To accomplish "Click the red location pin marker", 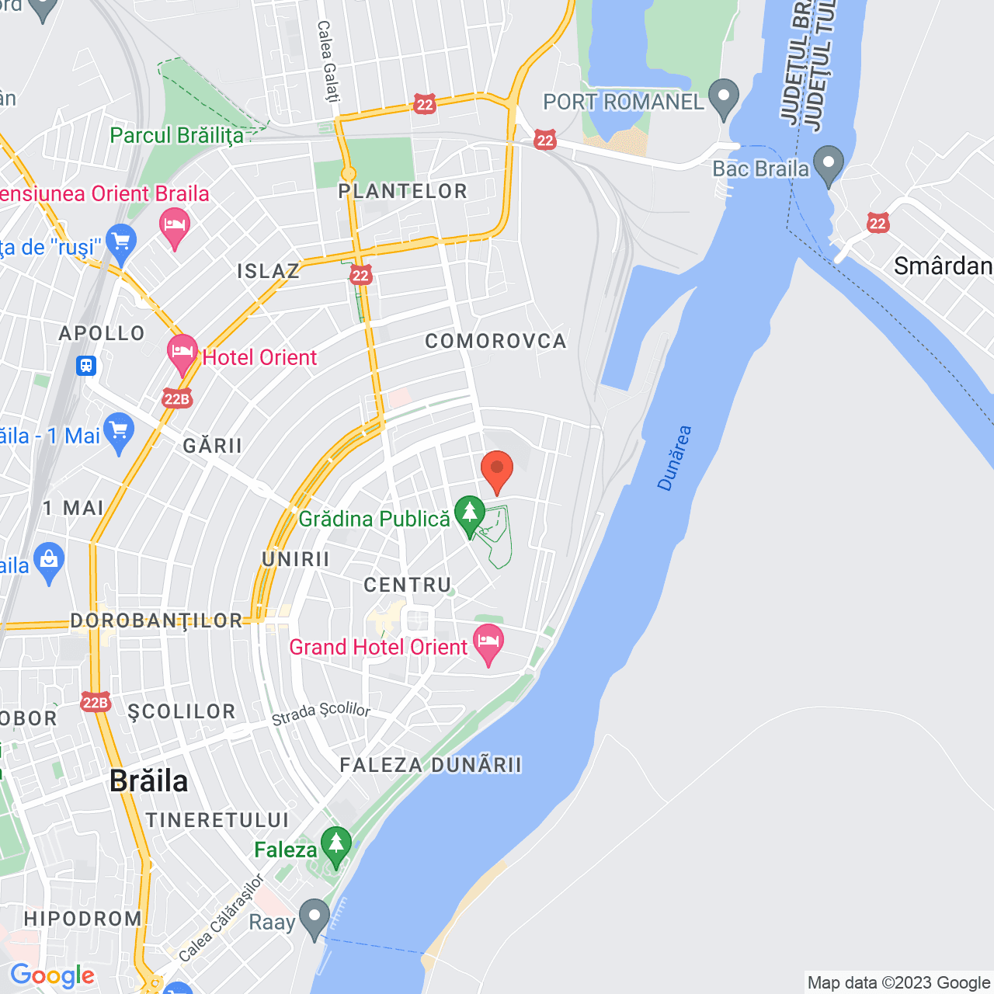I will (497, 470).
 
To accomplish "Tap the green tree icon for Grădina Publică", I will (469, 515).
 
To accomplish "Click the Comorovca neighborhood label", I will (495, 341).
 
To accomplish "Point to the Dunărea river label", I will (674, 458).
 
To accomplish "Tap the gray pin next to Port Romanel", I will (725, 99).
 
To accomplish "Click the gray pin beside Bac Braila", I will (829, 165).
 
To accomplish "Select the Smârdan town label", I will (943, 266).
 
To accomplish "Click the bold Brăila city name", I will (149, 780).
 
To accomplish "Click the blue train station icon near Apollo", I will (86, 365).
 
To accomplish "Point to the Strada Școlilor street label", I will (321, 713).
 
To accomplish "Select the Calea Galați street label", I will (328, 61).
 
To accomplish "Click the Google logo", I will (53, 975).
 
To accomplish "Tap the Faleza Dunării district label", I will (431, 765).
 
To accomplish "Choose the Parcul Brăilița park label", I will (176, 135).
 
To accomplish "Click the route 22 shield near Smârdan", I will (878, 224).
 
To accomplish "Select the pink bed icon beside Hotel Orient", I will (182, 353).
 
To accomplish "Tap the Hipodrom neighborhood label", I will (83, 919).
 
